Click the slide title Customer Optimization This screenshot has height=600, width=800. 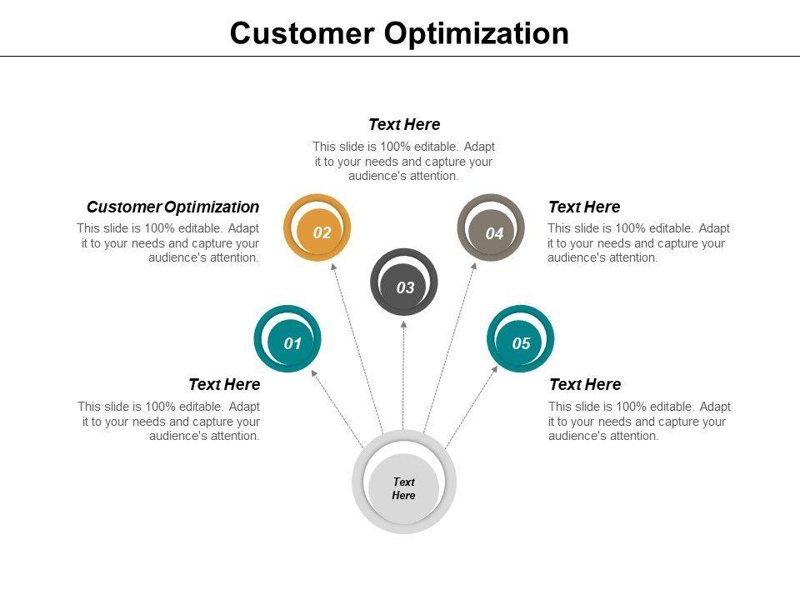click(399, 33)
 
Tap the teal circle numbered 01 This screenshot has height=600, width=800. click(288, 339)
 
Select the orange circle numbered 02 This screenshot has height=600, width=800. click(317, 228)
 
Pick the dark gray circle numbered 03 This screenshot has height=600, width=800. click(404, 283)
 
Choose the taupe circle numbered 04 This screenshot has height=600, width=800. click(492, 228)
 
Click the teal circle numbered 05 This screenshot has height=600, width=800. click(520, 339)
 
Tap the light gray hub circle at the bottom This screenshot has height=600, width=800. click(404, 482)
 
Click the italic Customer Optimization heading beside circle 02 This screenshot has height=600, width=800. click(172, 207)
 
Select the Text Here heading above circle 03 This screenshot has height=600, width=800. click(404, 125)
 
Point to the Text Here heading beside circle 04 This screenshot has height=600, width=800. click(584, 207)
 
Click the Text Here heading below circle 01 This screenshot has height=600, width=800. click(224, 384)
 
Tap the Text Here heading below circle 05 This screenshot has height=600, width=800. click(585, 384)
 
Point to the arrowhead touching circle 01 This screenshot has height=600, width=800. click(314, 372)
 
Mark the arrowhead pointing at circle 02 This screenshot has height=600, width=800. click(333, 267)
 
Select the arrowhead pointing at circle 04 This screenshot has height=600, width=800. click(474, 267)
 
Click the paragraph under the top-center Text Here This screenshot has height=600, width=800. click(404, 162)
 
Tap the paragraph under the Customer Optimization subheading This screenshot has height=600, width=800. click(169, 242)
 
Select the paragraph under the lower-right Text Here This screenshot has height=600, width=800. click(639, 421)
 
